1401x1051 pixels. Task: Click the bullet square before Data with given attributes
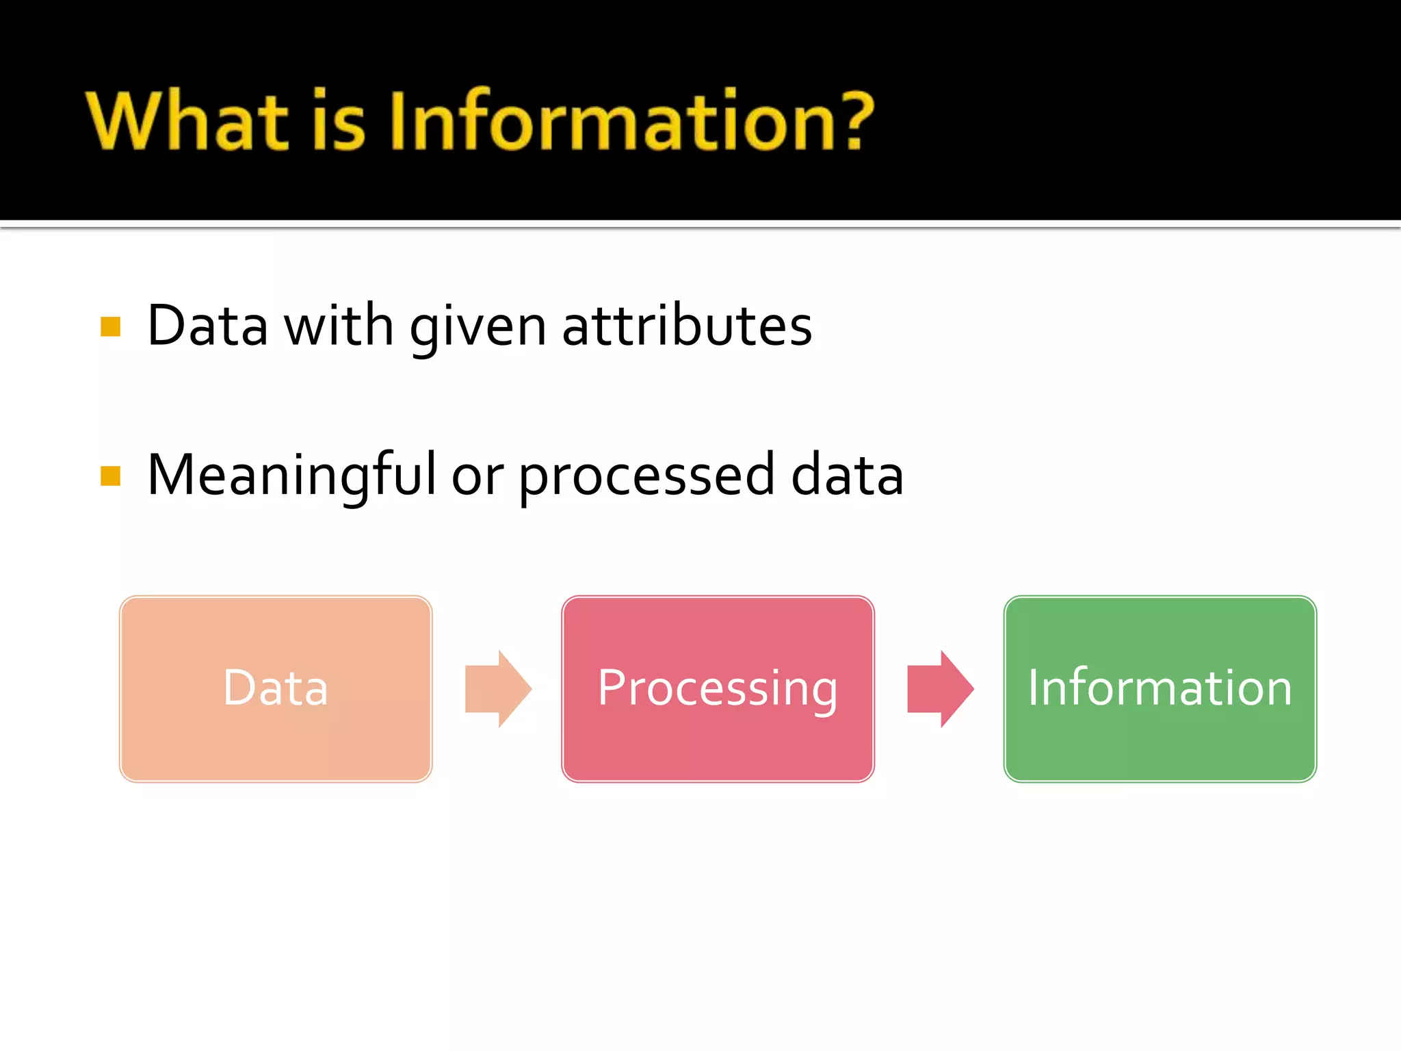point(110,326)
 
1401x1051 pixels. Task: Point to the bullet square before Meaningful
point(110,476)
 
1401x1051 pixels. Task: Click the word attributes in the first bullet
point(687,326)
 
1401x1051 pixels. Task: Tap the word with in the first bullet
point(339,326)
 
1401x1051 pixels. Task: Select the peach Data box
point(276,746)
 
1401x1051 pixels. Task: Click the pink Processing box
point(718,746)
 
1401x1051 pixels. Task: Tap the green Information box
point(1160,746)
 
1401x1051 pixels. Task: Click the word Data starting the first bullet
point(207,326)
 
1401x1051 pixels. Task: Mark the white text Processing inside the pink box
point(718,688)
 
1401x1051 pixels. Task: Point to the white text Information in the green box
point(1160,688)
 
